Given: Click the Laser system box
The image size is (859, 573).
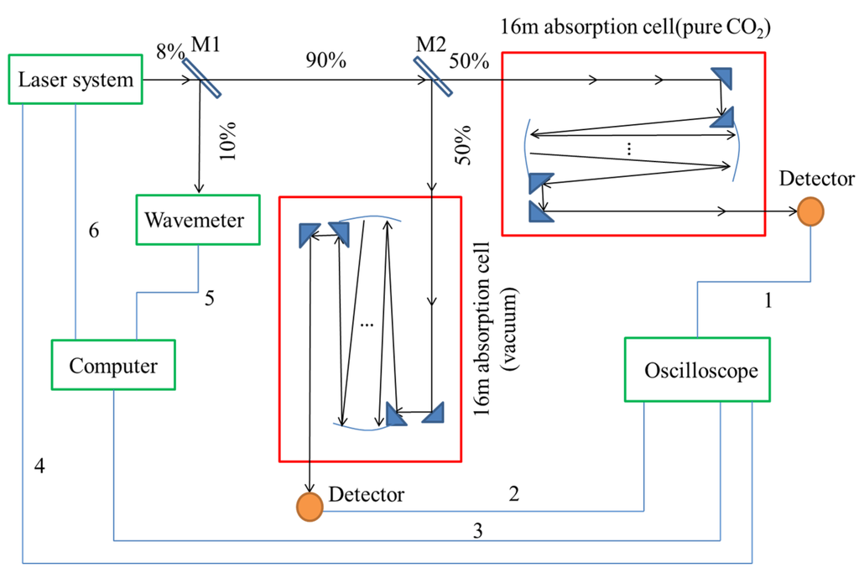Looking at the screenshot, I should [x=75, y=81].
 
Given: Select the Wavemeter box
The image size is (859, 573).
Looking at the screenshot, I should [x=194, y=221].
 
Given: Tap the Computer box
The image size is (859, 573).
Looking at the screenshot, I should [x=113, y=366].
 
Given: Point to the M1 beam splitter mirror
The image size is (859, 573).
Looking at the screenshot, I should [x=196, y=81].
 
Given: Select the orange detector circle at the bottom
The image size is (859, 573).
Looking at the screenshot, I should [x=310, y=505].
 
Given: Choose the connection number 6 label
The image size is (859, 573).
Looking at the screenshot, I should [x=94, y=230].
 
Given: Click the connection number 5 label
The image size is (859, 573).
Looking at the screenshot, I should [x=211, y=296].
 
